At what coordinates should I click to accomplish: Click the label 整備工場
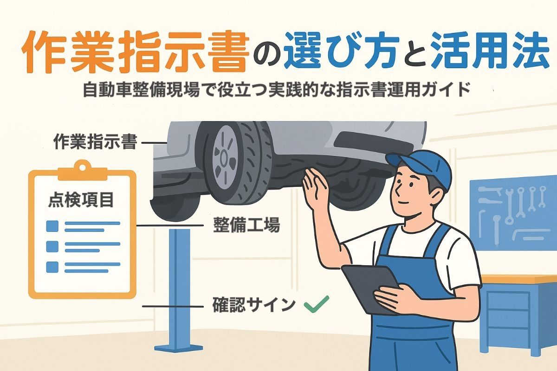pyautogui.click(x=246, y=224)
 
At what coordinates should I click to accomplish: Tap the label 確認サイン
pyautogui.click(x=254, y=305)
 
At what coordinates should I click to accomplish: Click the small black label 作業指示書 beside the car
pyautogui.click(x=95, y=142)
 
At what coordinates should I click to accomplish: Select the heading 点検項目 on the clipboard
pyautogui.click(x=81, y=200)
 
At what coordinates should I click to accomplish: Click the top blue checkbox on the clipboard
pyautogui.click(x=52, y=226)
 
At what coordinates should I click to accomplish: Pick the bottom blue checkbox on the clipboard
pyautogui.click(x=52, y=267)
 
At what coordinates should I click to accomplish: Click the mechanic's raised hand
pyautogui.click(x=315, y=188)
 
